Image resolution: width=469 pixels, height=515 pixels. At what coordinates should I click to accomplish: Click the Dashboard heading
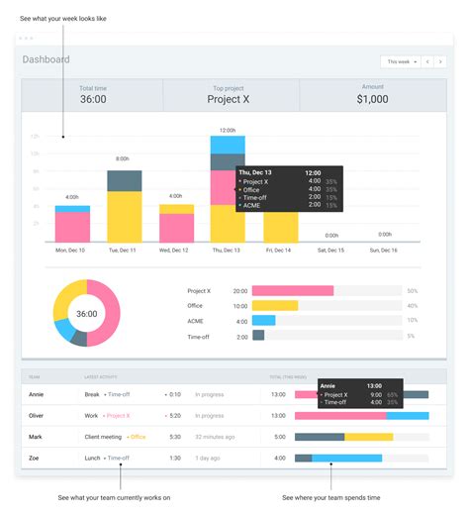pyautogui.click(x=47, y=59)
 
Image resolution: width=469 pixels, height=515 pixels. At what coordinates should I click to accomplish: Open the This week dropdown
pyautogui.click(x=402, y=61)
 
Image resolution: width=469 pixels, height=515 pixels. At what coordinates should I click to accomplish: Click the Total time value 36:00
pyautogui.click(x=93, y=99)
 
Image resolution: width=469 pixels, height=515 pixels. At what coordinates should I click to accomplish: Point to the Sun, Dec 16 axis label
pyautogui.click(x=382, y=251)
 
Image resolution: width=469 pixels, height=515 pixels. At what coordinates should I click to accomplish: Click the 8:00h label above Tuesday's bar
pyautogui.click(x=124, y=158)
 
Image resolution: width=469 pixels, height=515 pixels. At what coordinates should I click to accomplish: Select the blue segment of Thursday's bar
pyautogui.click(x=228, y=145)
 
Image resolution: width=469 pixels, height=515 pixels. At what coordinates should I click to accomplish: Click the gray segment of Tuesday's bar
pyautogui.click(x=124, y=180)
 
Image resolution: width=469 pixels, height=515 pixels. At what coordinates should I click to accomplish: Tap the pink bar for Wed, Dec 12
pyautogui.click(x=176, y=227)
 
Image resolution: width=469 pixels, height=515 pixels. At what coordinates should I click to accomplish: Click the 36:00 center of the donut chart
pyautogui.click(x=86, y=314)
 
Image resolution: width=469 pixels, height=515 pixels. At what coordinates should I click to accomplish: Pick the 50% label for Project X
pyautogui.click(x=412, y=291)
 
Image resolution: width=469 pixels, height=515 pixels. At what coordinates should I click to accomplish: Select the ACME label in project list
pyautogui.click(x=197, y=321)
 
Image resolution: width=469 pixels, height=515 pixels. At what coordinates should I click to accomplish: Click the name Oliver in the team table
pyautogui.click(x=38, y=415)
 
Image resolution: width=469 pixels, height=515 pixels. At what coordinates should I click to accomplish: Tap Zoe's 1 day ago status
pyautogui.click(x=208, y=458)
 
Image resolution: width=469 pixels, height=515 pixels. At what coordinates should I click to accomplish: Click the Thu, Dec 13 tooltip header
pyautogui.click(x=257, y=172)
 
